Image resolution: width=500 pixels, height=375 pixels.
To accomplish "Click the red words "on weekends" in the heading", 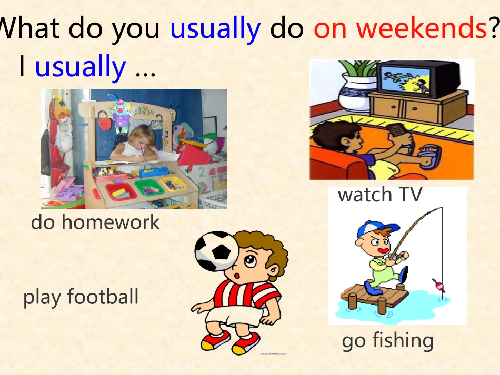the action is click(401, 28).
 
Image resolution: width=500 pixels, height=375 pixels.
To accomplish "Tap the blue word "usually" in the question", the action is click(216, 29).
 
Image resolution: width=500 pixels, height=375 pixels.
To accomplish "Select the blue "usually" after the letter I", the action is click(81, 67).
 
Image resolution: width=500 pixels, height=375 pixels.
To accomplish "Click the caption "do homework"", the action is click(95, 222).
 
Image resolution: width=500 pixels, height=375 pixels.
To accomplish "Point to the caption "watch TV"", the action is click(380, 194).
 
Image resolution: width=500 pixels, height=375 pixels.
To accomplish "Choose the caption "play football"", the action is click(81, 297).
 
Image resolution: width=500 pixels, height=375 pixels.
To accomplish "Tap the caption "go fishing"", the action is click(387, 341).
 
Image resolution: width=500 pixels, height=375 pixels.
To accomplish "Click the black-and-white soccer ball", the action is click(216, 251).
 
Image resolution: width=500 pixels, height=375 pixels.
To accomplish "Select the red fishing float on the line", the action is click(439, 285).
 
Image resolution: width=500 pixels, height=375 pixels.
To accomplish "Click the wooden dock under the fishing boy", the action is click(374, 297).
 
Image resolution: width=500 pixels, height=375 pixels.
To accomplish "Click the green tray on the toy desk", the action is click(149, 188).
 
